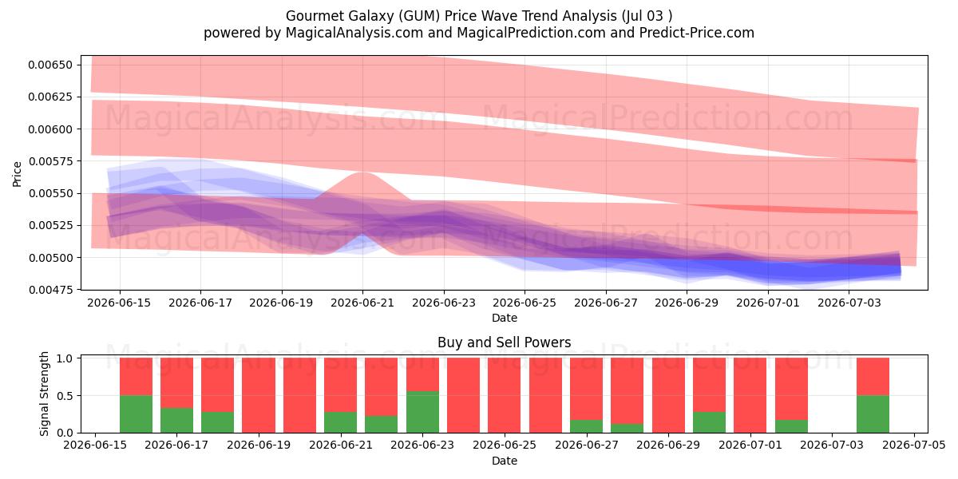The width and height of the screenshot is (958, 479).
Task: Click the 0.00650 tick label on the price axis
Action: coord(50,65)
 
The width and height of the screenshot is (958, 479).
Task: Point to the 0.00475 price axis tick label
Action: coord(50,290)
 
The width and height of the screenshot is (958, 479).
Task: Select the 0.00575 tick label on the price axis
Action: coord(50,161)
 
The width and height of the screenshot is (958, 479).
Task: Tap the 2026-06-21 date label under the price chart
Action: coord(362,303)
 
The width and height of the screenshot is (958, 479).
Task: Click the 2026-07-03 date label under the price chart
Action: coord(849,303)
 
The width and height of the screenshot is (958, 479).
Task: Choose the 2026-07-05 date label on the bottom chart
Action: coord(914,445)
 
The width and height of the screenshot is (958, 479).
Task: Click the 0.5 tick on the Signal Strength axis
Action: coord(65,396)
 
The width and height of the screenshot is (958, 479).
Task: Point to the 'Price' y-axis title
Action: coord(17,174)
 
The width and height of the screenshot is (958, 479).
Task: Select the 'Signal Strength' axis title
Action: coord(44,394)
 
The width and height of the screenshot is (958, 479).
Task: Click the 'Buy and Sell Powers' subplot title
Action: coord(505,342)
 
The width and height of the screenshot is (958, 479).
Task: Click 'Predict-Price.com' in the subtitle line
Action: coord(697,33)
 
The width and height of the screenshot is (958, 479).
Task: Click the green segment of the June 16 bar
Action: coord(136,414)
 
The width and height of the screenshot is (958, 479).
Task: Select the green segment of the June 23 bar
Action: coord(422,412)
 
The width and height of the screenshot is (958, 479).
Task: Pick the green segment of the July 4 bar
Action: coord(873,414)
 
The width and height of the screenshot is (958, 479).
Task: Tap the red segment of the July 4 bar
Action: coord(873,376)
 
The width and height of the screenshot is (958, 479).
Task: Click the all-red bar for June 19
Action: coord(259,395)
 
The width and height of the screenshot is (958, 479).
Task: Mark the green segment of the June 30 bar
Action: coord(709,422)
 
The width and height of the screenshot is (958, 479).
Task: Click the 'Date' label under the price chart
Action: coord(505,318)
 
